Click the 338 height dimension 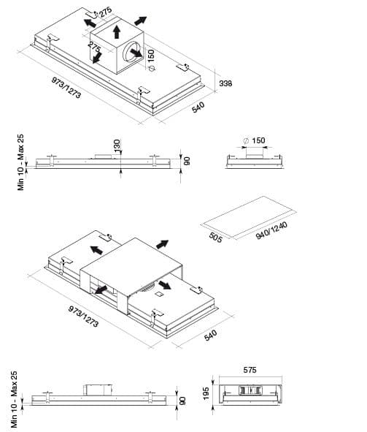pyautogui.click(x=225, y=83)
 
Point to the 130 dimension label pyautogui.click(x=117, y=145)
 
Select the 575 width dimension pyautogui.click(x=250, y=370)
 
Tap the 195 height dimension pyautogui.click(x=206, y=393)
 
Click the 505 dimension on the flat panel pyautogui.click(x=215, y=238)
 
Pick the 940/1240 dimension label pyautogui.click(x=271, y=230)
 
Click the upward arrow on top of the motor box pyautogui.click(x=117, y=31)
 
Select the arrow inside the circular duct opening pyautogui.click(x=136, y=53)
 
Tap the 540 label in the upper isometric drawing pyautogui.click(x=198, y=107)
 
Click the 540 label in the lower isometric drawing pyautogui.click(x=211, y=335)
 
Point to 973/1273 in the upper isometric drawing pyautogui.click(x=66, y=87)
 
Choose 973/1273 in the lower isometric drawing pyautogui.click(x=83, y=317)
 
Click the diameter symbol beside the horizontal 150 pyautogui.click(x=246, y=141)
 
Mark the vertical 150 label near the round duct pyautogui.click(x=151, y=56)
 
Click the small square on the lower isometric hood pyautogui.click(x=159, y=294)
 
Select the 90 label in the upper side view pyautogui.click(x=186, y=161)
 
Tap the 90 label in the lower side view pyautogui.click(x=182, y=401)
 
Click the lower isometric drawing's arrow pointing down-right pyautogui.click(x=164, y=285)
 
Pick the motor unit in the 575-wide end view pyautogui.click(x=250, y=390)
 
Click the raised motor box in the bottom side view pyautogui.click(x=98, y=390)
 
